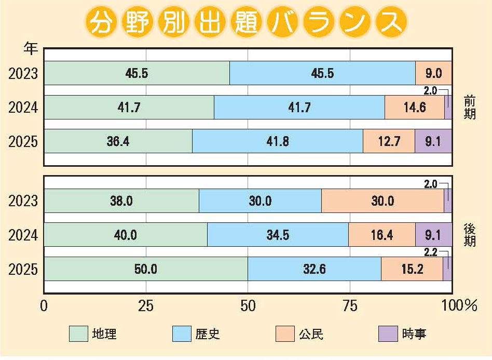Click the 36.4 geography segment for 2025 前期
click(118, 141)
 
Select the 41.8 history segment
click(277, 141)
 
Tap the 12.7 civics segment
click(389, 141)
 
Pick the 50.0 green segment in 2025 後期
click(146, 269)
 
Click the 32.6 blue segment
click(314, 269)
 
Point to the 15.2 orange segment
click(412, 269)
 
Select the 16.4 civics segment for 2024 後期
click(381, 235)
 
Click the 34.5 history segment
click(278, 235)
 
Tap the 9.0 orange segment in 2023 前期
click(433, 73)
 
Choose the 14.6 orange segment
click(415, 108)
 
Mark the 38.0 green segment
click(121, 201)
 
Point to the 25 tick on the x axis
click(146, 306)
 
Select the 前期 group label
click(469, 108)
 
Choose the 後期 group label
click(469, 235)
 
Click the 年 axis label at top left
click(31, 49)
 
